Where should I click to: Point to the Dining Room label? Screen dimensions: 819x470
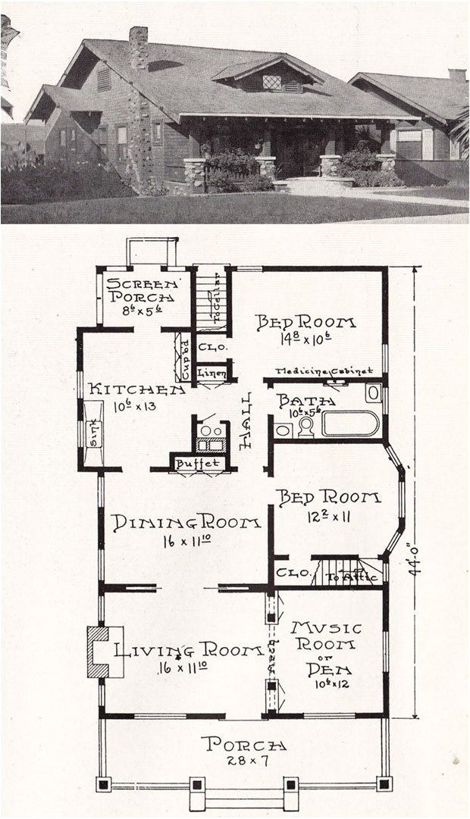point(186,523)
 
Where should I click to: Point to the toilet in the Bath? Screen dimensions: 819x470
point(306,427)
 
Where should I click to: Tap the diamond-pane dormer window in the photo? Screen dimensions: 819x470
point(271,83)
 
